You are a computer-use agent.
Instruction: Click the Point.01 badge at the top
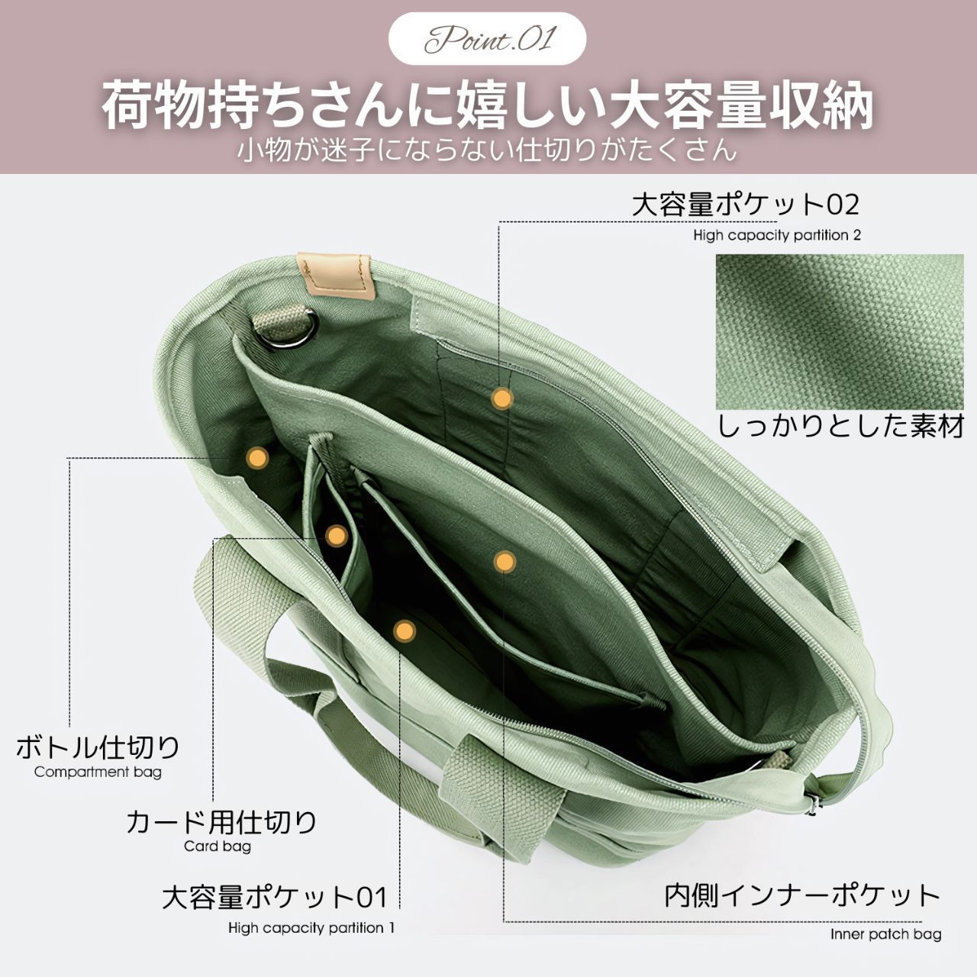pos(487,38)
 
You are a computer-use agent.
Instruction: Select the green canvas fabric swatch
pos(839,331)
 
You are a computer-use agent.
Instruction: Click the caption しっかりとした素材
pos(840,427)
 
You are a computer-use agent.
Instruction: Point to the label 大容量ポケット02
pos(745,205)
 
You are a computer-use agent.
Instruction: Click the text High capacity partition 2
pos(777,235)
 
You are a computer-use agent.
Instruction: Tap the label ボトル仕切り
pos(98,747)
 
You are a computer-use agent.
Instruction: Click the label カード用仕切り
pos(221,822)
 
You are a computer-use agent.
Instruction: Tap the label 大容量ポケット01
pos(275,897)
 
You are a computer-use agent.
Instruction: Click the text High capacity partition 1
pos(311,928)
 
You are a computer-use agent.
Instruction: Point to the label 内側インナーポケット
pos(802,896)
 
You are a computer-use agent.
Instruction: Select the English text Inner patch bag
pos(885,934)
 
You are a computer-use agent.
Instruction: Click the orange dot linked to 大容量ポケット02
pos(502,399)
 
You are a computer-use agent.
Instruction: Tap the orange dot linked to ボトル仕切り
pos(257,457)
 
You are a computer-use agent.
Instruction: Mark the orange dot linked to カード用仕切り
pos(336,535)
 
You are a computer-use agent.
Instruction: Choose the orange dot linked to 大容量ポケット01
pos(404,631)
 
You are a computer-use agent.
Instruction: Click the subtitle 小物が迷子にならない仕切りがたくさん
pos(487,150)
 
